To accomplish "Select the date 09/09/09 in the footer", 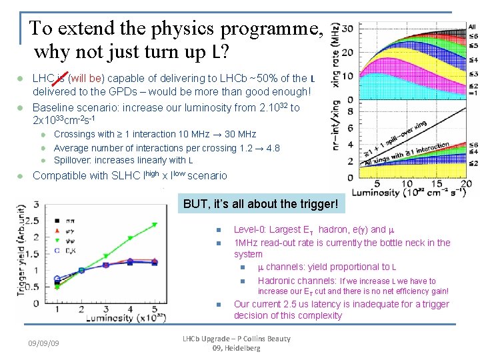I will (x=41, y=343).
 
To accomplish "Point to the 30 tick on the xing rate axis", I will (x=347, y=29).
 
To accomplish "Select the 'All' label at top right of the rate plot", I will (x=471, y=26).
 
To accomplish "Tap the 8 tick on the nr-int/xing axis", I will (x=349, y=113).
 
